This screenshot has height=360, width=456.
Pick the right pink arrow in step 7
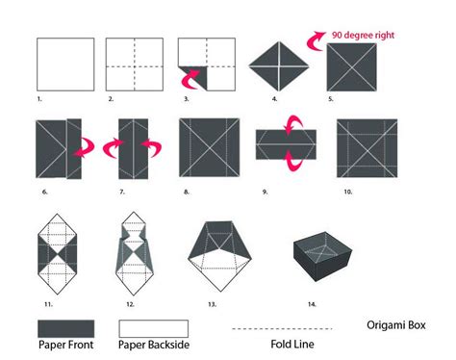point(151,148)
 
